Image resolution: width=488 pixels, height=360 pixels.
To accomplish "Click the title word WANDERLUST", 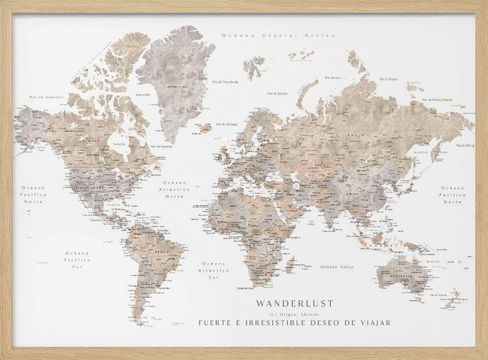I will coord(294,303).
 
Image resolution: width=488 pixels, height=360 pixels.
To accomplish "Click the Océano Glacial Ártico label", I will coord(278,35).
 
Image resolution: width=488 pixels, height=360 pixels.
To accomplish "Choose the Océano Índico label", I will coord(337,267).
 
